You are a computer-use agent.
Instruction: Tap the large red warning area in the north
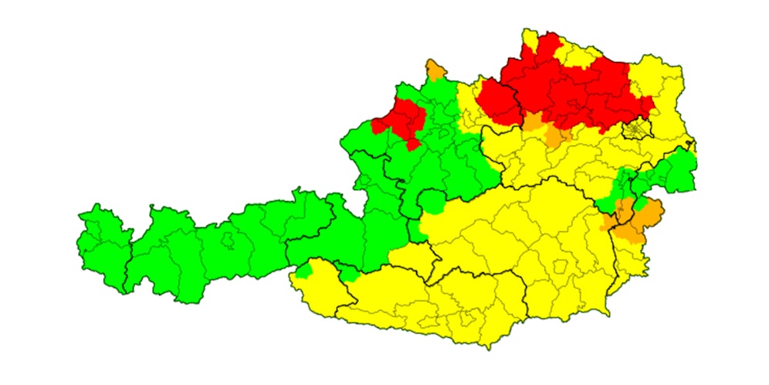571,89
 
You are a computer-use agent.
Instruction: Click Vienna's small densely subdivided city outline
638,128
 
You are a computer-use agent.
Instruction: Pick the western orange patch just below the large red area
534,121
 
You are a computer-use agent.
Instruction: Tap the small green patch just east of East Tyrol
349,274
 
